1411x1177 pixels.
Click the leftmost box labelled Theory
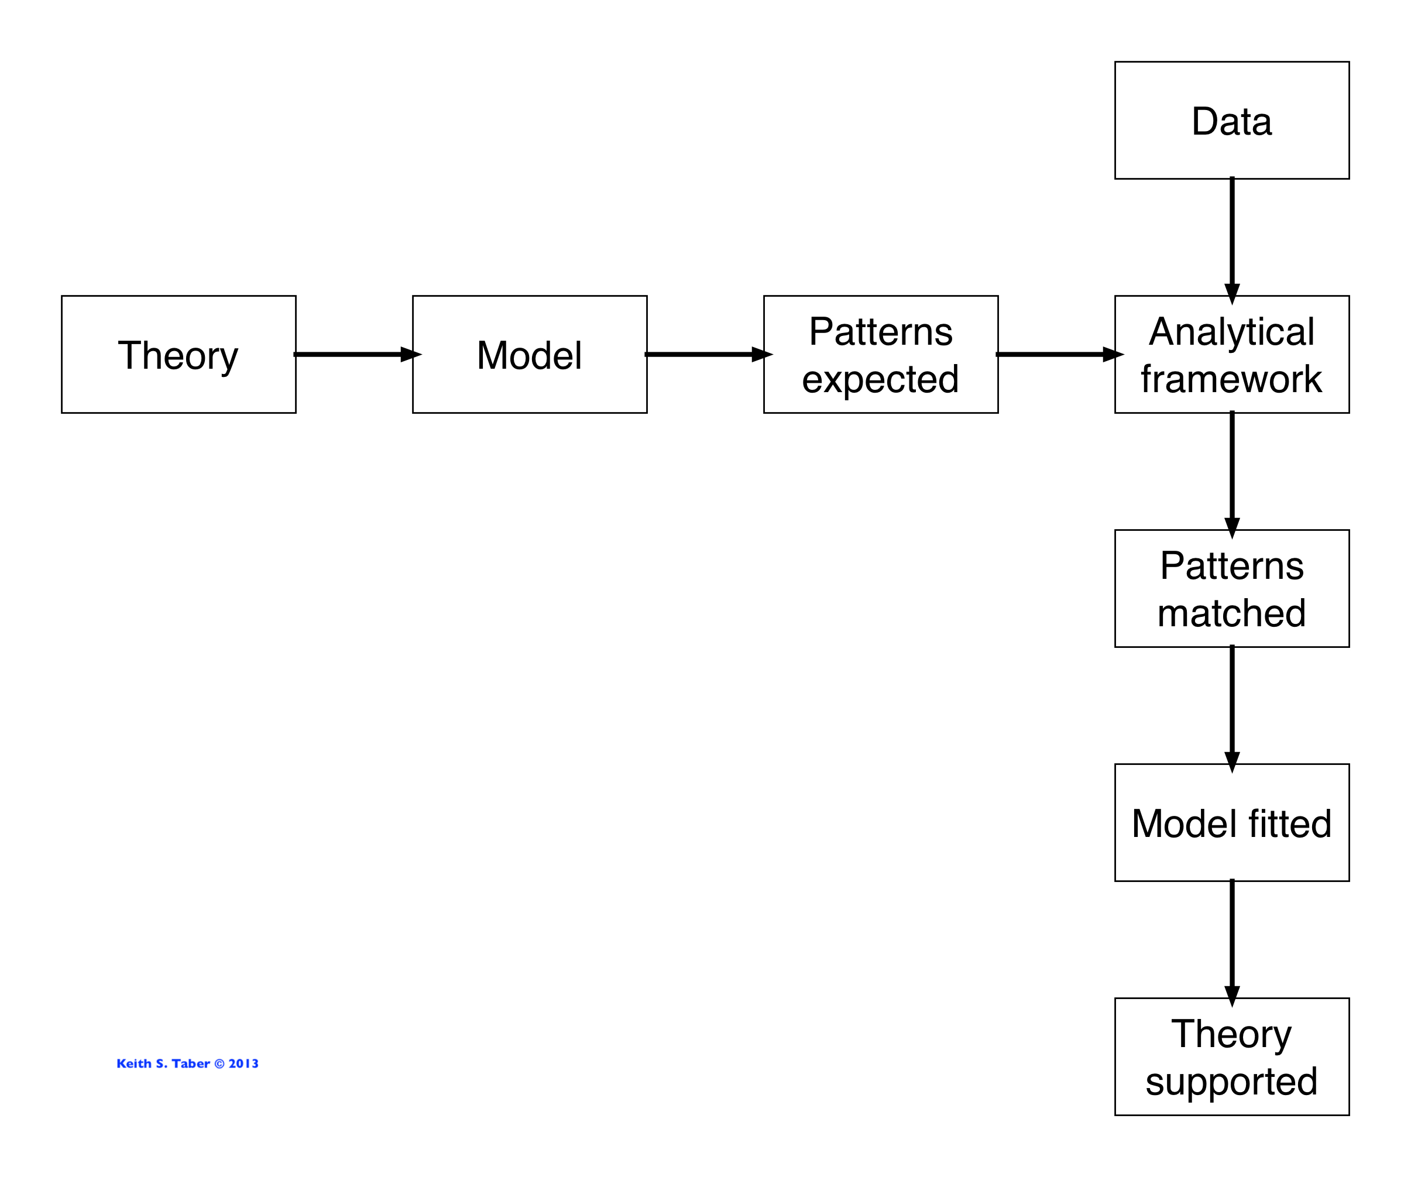pyautogui.click(x=178, y=355)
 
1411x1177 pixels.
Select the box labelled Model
pyautogui.click(x=530, y=355)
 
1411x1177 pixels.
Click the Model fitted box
pyautogui.click(x=1231, y=823)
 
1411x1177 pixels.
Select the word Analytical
pyautogui.click(x=1231, y=332)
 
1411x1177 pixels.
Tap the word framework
pyautogui.click(x=1231, y=379)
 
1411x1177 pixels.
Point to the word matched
pyautogui.click(x=1231, y=613)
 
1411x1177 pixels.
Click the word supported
pyautogui.click(x=1231, y=1082)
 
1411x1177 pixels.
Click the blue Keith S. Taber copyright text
pyautogui.click(x=187, y=1063)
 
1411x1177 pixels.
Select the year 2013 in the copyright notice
pyautogui.click(x=243, y=1063)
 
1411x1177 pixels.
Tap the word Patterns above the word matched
pyautogui.click(x=1231, y=565)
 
